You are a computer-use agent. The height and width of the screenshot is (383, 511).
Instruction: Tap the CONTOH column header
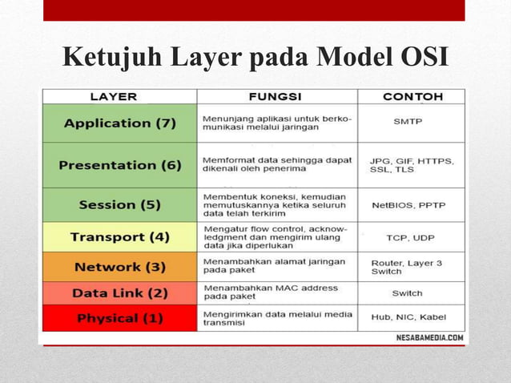(412, 96)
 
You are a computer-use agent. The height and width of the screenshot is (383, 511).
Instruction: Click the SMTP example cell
(408, 123)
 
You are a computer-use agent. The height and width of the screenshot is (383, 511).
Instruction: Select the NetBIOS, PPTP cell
(408, 205)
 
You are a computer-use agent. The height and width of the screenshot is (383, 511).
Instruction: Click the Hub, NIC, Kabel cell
(408, 318)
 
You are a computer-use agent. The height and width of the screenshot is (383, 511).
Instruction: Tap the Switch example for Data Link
(408, 293)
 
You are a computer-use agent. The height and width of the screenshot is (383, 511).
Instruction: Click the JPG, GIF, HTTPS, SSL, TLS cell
(411, 166)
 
